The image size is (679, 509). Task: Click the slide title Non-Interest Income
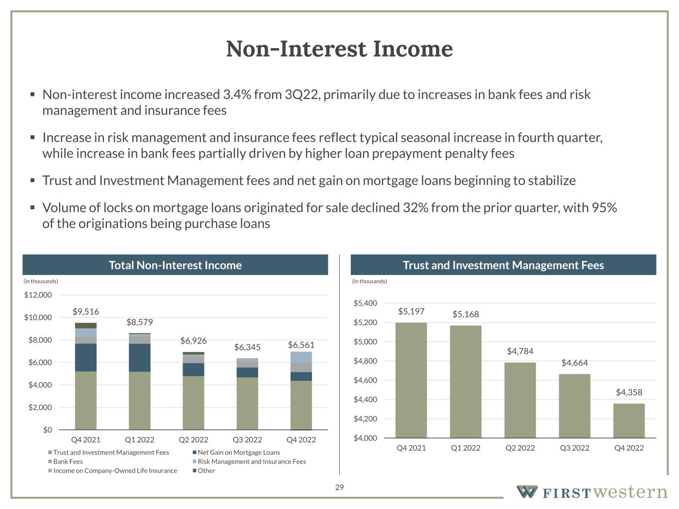coord(339,49)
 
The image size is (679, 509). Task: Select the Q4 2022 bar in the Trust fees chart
coord(629,421)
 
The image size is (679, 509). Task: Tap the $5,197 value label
coord(411,312)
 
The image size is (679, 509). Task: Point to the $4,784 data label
coord(520,351)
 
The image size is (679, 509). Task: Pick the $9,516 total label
coord(86,312)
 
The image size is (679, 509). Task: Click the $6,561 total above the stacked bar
coord(301,345)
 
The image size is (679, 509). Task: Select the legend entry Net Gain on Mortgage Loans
coord(238,452)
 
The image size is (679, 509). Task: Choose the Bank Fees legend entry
coord(68,462)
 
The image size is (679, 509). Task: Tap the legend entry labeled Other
coord(206,471)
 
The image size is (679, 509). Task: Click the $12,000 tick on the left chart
coord(38,295)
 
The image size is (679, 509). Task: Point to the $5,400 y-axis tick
coord(365,303)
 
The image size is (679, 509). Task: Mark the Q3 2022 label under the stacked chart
coord(247,440)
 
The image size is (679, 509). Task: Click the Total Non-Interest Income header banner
coord(175,265)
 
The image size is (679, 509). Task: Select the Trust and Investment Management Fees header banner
coord(503,265)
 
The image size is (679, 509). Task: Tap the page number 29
coord(339,487)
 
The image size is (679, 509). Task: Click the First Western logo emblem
coord(527,492)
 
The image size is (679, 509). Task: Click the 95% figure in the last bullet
coord(604,208)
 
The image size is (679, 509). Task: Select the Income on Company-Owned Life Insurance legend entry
coord(115,471)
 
